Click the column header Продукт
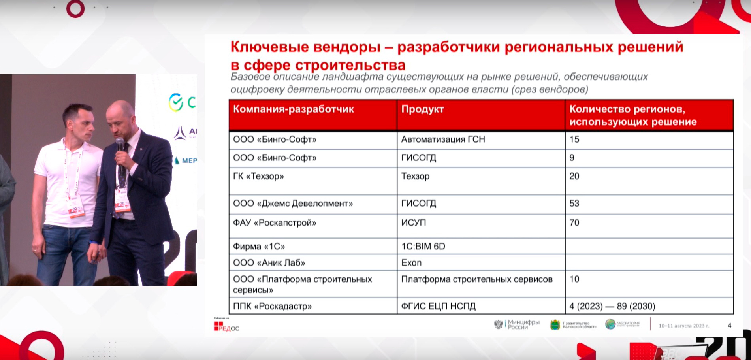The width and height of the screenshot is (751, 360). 422,109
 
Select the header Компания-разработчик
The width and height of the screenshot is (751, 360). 293,109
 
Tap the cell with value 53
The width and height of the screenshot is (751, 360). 574,204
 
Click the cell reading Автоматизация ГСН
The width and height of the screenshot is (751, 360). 443,139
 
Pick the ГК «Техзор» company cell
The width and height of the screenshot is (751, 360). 258,176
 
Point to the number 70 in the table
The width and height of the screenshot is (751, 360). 574,223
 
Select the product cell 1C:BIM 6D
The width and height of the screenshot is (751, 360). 423,247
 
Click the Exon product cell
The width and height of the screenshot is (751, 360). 411,263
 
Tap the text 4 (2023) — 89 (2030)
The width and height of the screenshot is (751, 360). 612,306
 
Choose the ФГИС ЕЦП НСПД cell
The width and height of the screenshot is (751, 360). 438,306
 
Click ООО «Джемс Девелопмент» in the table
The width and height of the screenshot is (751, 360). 293,204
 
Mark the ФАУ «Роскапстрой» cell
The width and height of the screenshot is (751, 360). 275,223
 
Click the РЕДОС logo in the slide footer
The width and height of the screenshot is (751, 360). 226,327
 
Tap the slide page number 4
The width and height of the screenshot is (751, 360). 729,326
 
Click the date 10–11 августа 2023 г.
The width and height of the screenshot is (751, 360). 683,326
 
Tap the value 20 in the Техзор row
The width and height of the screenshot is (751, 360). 574,176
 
